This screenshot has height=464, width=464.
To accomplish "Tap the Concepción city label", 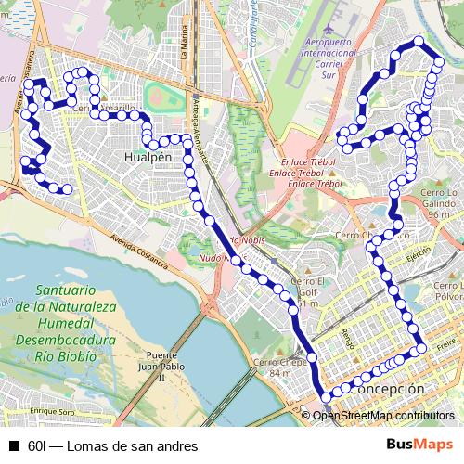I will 387,389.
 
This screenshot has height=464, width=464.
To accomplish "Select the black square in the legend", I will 13,445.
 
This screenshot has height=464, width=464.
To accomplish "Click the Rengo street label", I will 347,338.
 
